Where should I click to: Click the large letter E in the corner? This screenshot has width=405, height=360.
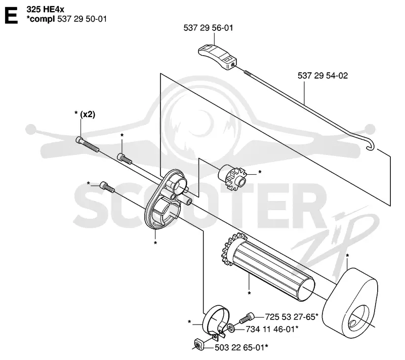(x=11, y=16)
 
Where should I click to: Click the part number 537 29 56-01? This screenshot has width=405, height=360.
(x=208, y=28)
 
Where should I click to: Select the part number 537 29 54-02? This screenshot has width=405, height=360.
(x=322, y=75)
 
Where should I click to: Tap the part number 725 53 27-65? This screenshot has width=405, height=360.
(x=290, y=317)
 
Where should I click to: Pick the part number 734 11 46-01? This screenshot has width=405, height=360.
(x=270, y=329)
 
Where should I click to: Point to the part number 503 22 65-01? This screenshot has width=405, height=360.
(x=239, y=348)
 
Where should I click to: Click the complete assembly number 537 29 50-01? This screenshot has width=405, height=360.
(x=82, y=19)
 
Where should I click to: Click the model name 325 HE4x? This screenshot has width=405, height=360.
(x=45, y=10)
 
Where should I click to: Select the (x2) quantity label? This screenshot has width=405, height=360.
(x=88, y=114)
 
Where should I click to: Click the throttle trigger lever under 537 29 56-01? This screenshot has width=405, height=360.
(x=217, y=57)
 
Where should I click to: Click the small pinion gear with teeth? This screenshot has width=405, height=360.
(x=232, y=177)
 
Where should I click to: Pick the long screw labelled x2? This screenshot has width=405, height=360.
(x=87, y=144)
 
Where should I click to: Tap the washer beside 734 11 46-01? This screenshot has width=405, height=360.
(x=231, y=329)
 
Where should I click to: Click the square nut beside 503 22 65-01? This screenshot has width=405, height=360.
(x=198, y=345)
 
